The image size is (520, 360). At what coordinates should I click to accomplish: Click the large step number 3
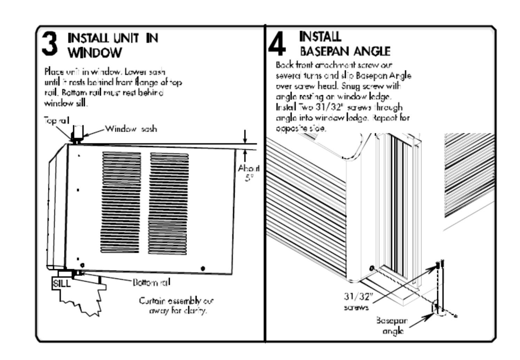click(49, 44)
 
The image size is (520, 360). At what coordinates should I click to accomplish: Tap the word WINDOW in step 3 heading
click(95, 53)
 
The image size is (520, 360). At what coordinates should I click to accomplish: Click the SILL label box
click(61, 283)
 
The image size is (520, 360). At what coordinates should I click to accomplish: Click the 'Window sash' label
click(131, 129)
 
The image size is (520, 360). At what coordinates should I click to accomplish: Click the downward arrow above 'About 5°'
click(245, 136)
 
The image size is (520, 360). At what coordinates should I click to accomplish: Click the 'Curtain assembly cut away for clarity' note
click(176, 305)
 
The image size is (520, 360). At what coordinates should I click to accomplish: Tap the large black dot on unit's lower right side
click(203, 268)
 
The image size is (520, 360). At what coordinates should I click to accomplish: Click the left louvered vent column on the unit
click(121, 202)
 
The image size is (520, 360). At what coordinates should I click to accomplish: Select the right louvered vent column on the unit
click(168, 203)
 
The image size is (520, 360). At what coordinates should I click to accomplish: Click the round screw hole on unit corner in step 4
click(372, 268)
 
